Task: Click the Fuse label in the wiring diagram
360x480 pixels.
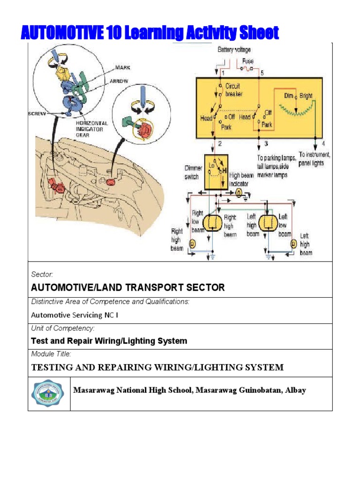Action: pos(247,61)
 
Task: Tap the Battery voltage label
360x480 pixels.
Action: pos(234,49)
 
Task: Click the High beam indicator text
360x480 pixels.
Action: pos(242,180)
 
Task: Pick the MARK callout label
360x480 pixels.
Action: pos(123,67)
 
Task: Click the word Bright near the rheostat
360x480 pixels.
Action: pos(306,96)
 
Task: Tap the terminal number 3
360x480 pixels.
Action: pos(266,143)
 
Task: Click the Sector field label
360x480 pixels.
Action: pos(42,274)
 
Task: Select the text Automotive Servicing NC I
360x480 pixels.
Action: pos(75,315)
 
